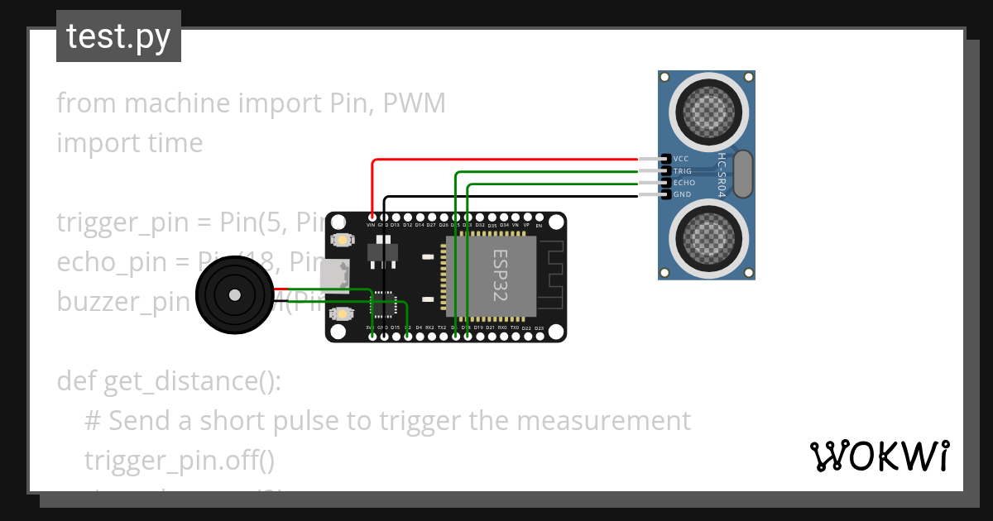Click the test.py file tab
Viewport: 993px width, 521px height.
(x=118, y=36)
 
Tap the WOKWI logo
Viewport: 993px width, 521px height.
(x=878, y=456)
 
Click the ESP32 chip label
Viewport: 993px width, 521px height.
(x=501, y=275)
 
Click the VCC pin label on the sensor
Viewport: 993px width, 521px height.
(x=681, y=159)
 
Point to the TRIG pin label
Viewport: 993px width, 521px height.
(x=683, y=171)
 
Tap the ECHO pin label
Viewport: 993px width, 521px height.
(x=684, y=183)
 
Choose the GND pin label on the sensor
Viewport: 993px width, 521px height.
(x=681, y=194)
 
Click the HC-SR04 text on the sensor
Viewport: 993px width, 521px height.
(x=722, y=174)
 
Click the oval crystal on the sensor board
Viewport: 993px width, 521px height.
(x=743, y=174)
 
